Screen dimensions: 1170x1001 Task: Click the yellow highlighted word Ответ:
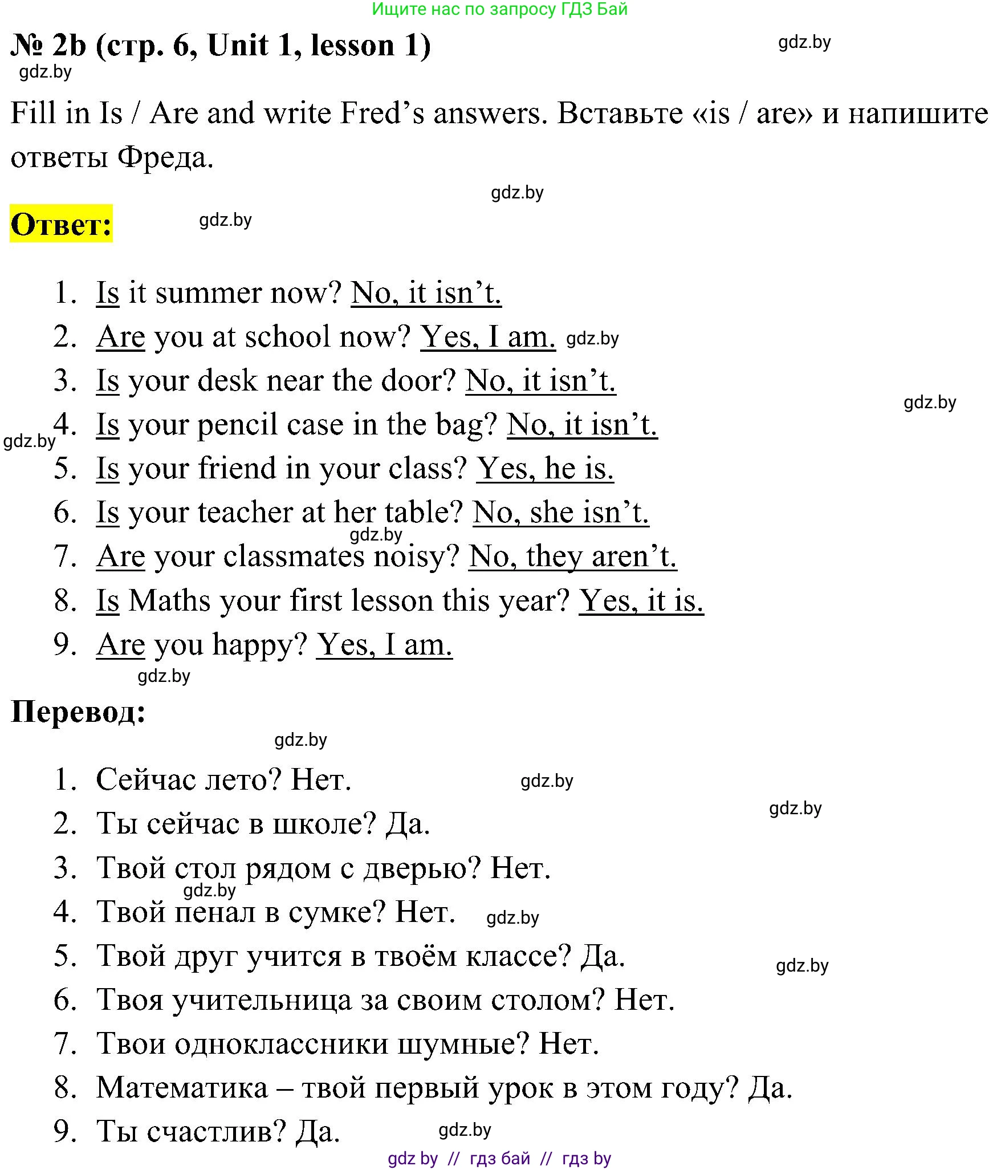[x=61, y=224]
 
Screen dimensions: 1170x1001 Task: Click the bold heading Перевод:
[x=78, y=712]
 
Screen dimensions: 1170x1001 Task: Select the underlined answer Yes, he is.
[x=545, y=469]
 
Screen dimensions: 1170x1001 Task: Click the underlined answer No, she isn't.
[x=560, y=513]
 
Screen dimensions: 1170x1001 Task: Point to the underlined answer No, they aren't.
[x=572, y=556]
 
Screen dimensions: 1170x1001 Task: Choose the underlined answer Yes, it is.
[x=641, y=601]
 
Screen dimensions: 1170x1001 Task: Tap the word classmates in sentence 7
[x=293, y=556]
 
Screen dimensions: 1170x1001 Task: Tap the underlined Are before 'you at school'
[x=120, y=337]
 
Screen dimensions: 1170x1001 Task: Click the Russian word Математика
[x=182, y=1088]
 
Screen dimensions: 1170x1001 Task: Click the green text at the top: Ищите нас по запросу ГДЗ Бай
[x=499, y=9]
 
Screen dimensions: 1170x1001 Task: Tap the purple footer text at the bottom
[x=499, y=1159]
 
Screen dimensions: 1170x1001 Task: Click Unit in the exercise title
[x=238, y=46]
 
